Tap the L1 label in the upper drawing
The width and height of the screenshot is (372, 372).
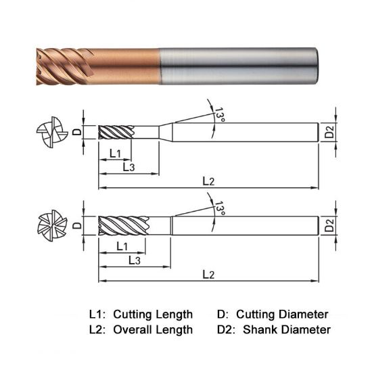[115, 154]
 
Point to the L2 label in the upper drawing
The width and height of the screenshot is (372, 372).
[208, 181]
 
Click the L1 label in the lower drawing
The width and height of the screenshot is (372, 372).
[122, 245]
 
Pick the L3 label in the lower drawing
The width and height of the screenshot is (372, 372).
[134, 259]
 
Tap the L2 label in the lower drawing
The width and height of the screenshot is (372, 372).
[208, 274]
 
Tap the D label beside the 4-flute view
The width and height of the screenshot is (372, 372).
[77, 131]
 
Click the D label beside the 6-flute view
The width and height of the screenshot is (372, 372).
[77, 225]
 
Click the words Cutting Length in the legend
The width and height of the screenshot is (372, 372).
[153, 315]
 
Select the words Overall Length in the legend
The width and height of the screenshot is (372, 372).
[153, 330]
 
